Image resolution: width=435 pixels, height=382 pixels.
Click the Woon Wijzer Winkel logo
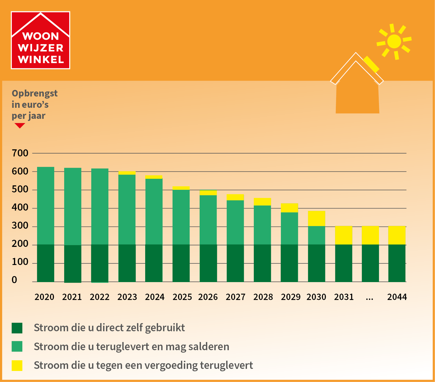click(41, 40)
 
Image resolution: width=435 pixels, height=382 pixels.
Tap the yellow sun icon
click(394, 42)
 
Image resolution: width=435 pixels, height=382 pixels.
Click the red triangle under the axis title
click(20, 125)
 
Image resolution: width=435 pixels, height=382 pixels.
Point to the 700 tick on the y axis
click(20, 153)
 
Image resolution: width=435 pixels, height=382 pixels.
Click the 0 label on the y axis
click(14, 280)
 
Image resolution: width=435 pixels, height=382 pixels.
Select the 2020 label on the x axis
click(44, 297)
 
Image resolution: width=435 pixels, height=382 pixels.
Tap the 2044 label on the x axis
click(397, 297)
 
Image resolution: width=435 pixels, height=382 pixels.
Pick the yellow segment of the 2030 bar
click(316, 218)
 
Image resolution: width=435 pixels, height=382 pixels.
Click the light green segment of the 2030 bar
click(316, 235)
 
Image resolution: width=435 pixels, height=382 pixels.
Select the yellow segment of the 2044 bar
click(397, 235)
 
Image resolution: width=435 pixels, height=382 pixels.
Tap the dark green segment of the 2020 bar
click(45, 263)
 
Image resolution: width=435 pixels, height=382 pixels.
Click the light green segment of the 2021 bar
click(73, 206)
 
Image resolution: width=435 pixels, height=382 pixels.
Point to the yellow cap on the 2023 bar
click(127, 173)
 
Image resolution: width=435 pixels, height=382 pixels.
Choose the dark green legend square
click(17, 328)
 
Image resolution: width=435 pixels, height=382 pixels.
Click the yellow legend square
click(17, 365)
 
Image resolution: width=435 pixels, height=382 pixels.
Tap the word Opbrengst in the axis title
click(35, 94)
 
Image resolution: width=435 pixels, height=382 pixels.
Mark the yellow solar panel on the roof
click(371, 64)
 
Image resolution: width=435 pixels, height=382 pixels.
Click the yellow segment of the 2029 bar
click(289, 208)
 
